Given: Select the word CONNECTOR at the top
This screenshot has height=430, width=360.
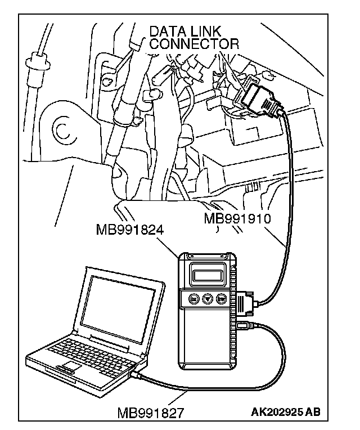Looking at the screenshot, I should [x=193, y=44].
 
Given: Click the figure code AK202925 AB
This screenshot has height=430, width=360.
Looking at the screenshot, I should [x=286, y=412].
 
